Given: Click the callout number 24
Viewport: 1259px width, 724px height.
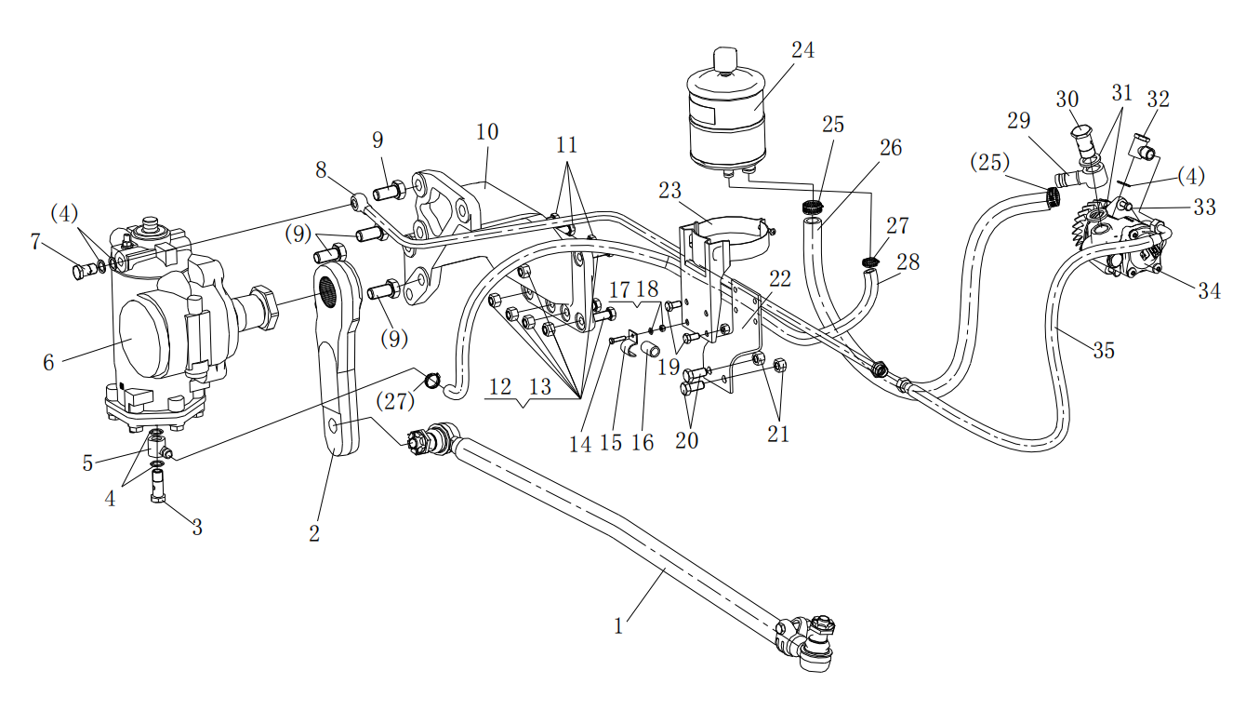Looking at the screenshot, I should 802,51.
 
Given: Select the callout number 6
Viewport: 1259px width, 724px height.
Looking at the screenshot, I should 48,363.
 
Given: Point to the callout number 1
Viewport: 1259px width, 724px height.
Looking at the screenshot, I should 618,626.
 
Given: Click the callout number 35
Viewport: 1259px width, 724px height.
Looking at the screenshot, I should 1104,351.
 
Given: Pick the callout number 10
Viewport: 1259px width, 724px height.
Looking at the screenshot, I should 487,131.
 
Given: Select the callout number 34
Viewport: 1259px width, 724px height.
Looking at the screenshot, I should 1209,291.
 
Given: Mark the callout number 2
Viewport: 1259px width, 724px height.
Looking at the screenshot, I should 314,534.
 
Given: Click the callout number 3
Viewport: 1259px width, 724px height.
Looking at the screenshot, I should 196,528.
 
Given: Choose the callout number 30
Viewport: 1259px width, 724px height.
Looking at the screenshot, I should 1067,100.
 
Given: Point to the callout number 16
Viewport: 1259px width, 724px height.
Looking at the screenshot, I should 643,442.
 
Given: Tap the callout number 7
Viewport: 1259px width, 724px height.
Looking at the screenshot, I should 35,243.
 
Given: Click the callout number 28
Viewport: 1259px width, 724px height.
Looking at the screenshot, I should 908,262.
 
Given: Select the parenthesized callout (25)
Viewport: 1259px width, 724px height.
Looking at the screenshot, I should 990,163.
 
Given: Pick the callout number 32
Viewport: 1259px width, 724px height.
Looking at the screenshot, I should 1158,100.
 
